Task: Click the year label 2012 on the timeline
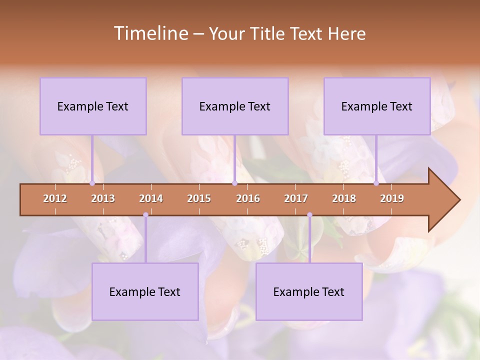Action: (55, 198)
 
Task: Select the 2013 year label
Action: (103, 198)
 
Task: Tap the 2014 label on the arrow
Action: (151, 198)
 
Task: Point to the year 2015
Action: (199, 198)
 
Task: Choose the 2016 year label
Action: (248, 198)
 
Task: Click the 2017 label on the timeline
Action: (296, 198)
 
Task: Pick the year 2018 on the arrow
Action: (344, 198)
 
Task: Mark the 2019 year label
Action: (392, 198)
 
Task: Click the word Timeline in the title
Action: (150, 33)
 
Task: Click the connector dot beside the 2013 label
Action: (92, 183)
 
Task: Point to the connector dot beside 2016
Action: (234, 183)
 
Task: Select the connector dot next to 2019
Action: (376, 183)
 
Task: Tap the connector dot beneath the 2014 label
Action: (145, 215)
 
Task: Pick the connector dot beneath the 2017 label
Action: (309, 215)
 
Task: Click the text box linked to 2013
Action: (93, 106)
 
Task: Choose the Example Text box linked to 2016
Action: (235, 106)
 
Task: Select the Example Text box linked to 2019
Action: (377, 106)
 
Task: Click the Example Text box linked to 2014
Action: (145, 291)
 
